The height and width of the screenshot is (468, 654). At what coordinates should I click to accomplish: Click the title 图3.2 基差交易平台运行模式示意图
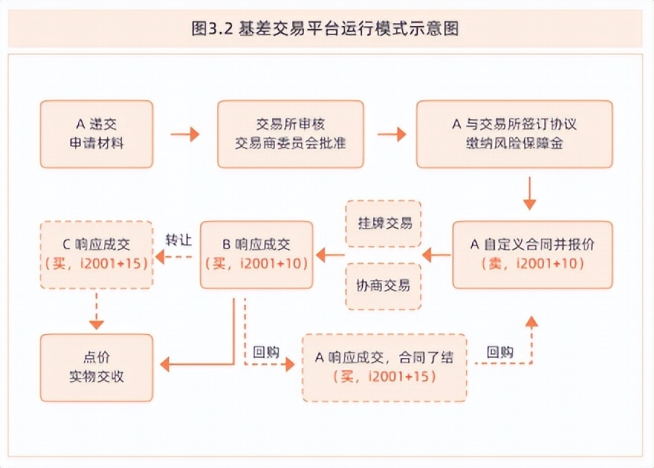[x=326, y=30]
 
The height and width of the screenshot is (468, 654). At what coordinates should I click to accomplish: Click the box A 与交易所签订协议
[x=513, y=134]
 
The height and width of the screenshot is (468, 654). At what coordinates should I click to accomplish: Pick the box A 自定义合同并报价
[x=532, y=255]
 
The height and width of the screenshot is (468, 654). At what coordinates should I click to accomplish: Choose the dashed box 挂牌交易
[x=384, y=223]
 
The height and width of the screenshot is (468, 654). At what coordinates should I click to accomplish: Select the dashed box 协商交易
[x=384, y=286]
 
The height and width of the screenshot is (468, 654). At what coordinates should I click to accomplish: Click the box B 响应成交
[x=256, y=255]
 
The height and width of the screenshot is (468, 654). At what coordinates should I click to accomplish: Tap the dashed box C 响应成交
[x=96, y=255]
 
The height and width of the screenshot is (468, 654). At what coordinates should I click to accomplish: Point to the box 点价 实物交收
[x=96, y=368]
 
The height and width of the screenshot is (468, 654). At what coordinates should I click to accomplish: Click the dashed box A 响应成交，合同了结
[x=384, y=368]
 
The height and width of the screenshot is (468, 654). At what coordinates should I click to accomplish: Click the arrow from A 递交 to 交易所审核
[x=184, y=135]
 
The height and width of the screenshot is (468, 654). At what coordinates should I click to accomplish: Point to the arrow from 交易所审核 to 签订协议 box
[x=392, y=135]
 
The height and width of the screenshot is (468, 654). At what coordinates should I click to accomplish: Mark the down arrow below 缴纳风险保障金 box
[x=530, y=193]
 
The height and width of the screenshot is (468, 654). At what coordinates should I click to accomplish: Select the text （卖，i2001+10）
[x=533, y=264]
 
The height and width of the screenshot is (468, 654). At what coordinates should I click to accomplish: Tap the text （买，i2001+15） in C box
[x=96, y=264]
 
